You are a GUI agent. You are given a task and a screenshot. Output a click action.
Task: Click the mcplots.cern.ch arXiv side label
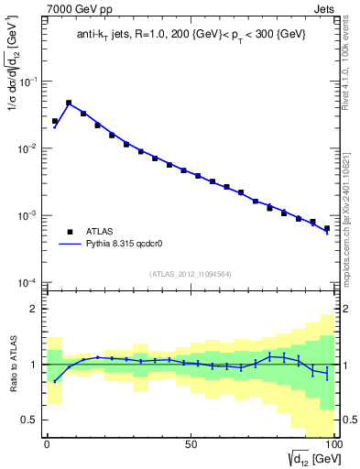click(352, 192)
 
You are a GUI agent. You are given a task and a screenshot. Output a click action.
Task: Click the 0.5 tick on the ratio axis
click(30, 420)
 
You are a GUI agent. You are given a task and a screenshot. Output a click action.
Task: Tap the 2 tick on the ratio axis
click(35, 310)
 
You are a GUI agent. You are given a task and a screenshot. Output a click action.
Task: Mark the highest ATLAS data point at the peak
click(69, 104)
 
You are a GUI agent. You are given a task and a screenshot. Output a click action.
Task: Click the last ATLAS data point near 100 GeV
click(326, 228)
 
